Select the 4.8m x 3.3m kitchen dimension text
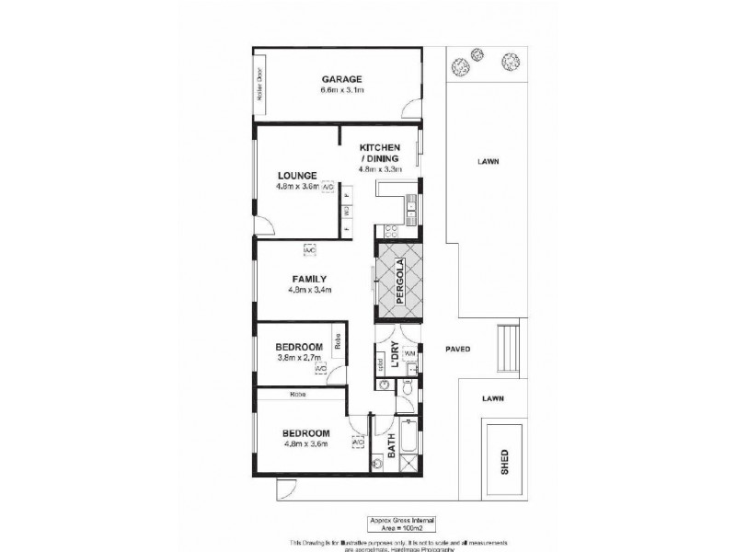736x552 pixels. tap(380, 169)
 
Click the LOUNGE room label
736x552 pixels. tap(296, 175)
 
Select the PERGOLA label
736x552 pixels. tap(401, 277)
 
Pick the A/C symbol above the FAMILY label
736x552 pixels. tap(309, 250)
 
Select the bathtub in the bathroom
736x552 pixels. tap(408, 436)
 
